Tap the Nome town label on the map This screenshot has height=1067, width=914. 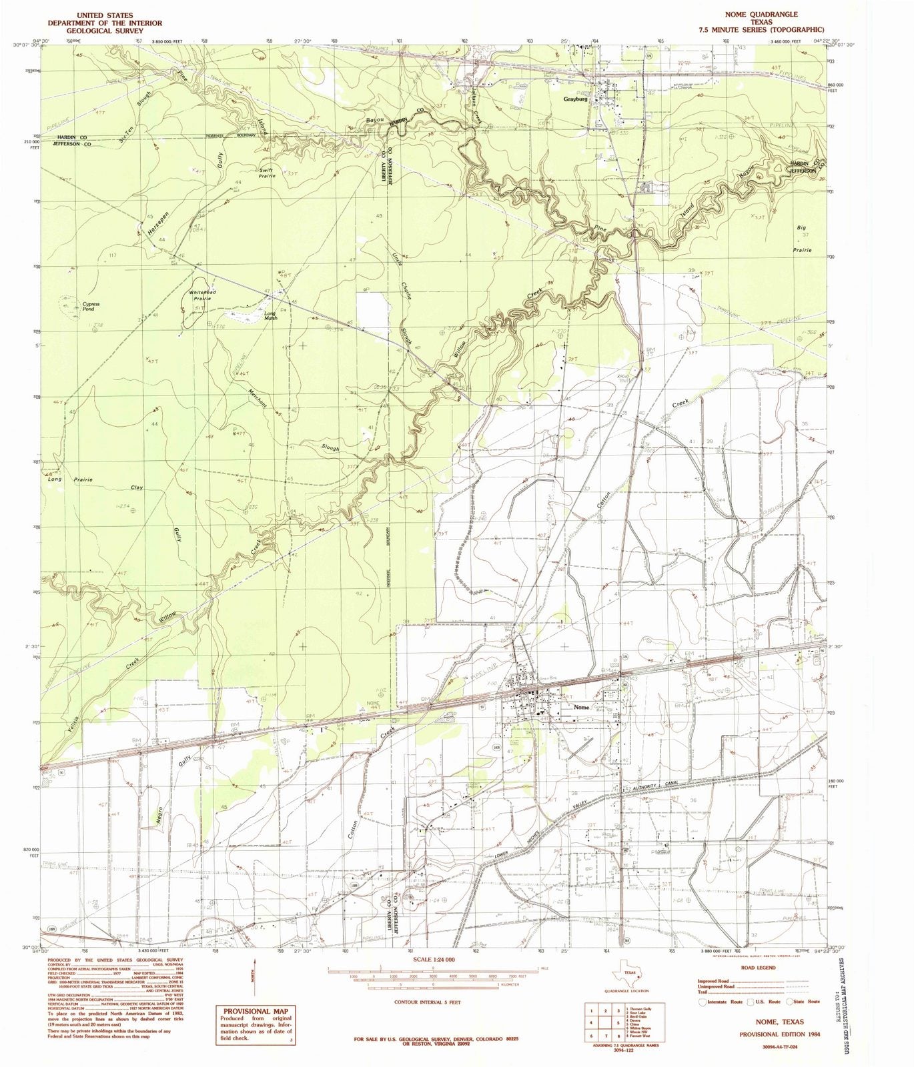click(581, 708)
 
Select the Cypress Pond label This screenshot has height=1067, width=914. click(90, 306)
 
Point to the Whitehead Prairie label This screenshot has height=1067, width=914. click(199, 295)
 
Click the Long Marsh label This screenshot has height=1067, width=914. click(270, 315)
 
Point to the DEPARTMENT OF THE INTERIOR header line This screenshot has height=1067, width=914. click(105, 22)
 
